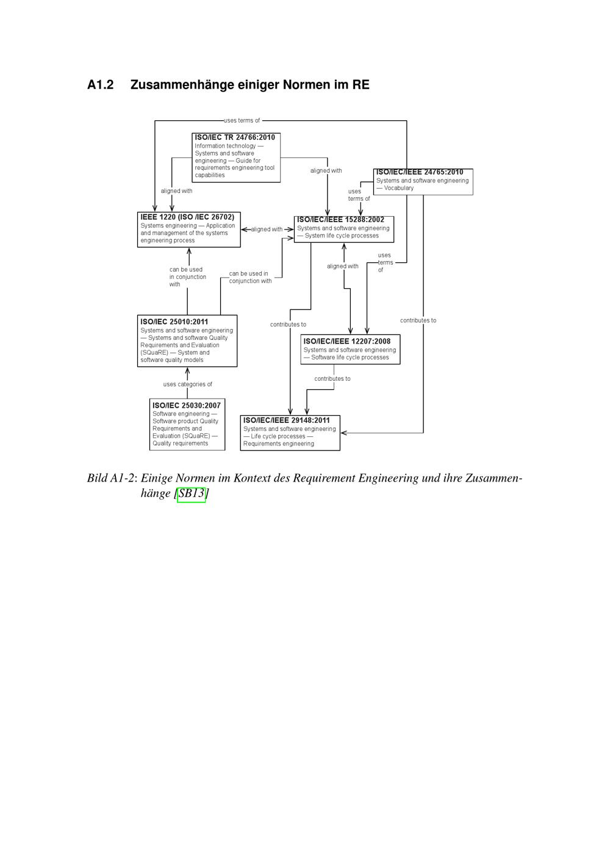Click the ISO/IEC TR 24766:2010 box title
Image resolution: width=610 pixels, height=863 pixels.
click(x=235, y=137)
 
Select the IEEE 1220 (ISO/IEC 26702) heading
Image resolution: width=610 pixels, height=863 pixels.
click(x=187, y=217)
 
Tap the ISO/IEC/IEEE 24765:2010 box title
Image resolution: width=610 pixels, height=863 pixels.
click(x=420, y=172)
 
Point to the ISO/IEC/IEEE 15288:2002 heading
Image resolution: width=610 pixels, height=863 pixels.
click(x=340, y=220)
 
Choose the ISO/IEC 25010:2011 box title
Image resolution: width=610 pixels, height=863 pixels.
click(x=174, y=322)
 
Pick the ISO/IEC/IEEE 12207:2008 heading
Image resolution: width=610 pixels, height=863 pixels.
click(x=347, y=341)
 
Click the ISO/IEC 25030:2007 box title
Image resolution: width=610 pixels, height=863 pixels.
click(x=187, y=405)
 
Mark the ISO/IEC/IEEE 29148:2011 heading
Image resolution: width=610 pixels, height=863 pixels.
click(x=287, y=421)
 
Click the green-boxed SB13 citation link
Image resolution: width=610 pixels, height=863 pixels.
click(x=192, y=493)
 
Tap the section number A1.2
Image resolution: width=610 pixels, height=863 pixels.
click(x=101, y=85)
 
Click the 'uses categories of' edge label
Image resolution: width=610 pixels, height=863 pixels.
click(x=188, y=385)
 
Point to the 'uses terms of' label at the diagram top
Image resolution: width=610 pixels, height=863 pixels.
click(x=242, y=121)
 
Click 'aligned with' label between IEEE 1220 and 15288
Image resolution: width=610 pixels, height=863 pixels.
click(x=267, y=229)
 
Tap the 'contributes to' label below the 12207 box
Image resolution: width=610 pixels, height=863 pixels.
click(x=332, y=379)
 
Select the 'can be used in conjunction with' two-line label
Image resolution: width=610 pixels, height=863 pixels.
click(x=250, y=278)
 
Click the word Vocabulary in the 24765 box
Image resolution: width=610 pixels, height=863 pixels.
click(x=399, y=188)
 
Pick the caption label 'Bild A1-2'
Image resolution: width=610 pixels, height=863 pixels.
click(x=110, y=478)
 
